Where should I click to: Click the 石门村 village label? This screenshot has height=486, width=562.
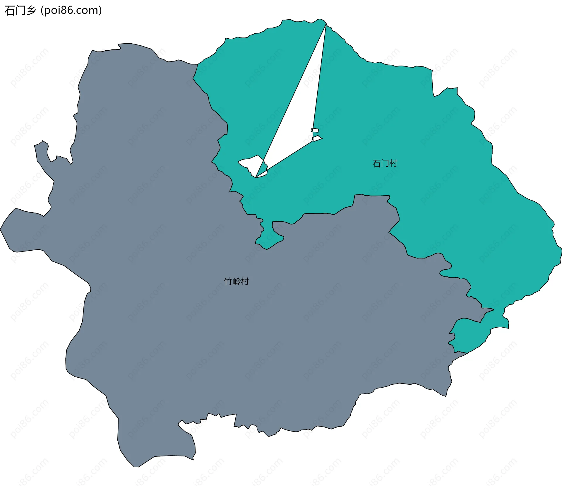385,163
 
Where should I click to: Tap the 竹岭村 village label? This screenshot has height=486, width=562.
237,281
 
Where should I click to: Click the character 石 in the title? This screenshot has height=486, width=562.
10,11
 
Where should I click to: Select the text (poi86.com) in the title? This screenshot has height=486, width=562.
71,11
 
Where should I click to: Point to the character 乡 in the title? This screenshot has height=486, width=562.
31,11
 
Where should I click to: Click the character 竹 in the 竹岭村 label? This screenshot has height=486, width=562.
228,281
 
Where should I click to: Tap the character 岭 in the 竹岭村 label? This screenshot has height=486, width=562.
237,281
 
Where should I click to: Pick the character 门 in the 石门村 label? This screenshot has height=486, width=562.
385,163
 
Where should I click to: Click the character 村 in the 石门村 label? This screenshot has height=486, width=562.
393,163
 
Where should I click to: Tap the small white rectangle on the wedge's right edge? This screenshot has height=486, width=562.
315,130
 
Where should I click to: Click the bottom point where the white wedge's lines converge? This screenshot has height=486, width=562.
256,177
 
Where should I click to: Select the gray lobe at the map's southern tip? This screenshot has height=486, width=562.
155,445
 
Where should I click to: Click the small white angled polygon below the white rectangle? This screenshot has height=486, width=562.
317,138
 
